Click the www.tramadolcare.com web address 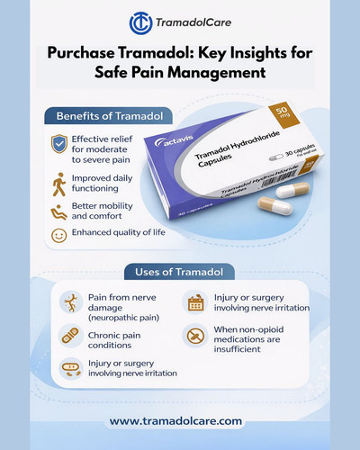tap(179, 419)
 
